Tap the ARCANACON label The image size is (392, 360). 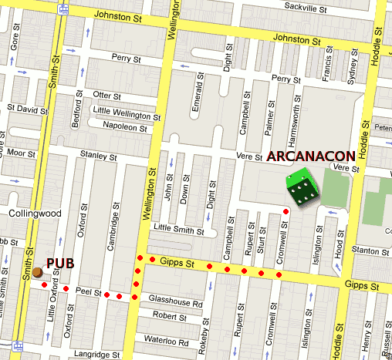coord(311,156)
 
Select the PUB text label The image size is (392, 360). coord(60,263)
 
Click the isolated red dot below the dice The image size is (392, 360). coord(286,211)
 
